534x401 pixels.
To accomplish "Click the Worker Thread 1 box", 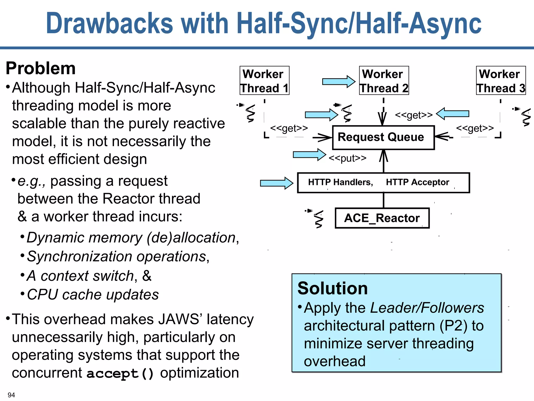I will coord(264,80).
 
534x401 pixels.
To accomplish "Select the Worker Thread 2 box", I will coord(384,80).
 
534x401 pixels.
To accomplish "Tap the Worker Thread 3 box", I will coord(501,80).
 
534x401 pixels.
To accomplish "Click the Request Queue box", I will coord(383,138).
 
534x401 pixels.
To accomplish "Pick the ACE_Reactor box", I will coord(382,218).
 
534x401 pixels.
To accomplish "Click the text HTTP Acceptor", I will coord(417,182).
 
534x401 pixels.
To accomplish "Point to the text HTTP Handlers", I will coord(340,182).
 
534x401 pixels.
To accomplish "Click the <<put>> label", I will coord(347,158).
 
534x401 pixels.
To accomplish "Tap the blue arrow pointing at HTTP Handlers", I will coord(276,183).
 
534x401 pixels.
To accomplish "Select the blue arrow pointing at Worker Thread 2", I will coord(338,82).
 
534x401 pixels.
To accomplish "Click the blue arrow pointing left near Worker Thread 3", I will coord(453,114).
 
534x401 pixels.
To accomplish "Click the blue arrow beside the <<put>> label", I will coord(309,155).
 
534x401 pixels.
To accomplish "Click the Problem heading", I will coord(41,68).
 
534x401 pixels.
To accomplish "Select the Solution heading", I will coord(332,288).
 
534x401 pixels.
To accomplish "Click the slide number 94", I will coord(11,395).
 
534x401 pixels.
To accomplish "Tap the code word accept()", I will coord(120,373).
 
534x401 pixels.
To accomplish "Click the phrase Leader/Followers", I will coord(427,308).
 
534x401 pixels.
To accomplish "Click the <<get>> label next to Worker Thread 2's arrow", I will coord(414,115).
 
